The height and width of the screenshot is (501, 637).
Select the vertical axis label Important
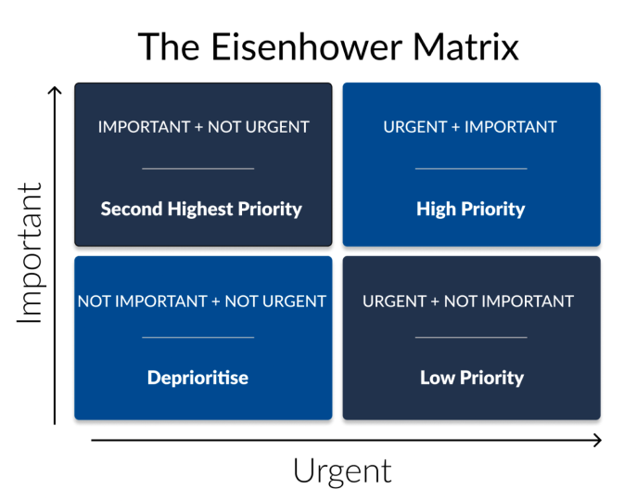point(31,253)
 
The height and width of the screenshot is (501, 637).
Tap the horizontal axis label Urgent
point(342,471)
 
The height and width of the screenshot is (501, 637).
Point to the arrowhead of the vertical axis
point(56,89)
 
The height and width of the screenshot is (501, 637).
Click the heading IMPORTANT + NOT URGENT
point(203,126)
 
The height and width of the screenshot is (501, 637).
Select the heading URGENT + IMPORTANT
point(470,126)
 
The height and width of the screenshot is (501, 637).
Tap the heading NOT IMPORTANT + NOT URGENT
point(202,301)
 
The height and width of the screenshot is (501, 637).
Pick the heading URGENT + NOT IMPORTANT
point(468,301)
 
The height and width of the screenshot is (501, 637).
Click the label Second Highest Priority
point(201,209)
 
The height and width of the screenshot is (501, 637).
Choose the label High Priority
point(471,209)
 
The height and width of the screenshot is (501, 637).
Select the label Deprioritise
point(197,378)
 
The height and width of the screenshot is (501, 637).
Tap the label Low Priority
point(472,378)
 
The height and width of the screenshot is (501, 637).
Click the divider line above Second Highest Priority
point(198,169)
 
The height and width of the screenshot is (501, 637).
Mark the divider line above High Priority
point(471,169)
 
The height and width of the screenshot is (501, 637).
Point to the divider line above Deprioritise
point(198,338)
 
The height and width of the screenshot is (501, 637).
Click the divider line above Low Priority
point(471,338)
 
